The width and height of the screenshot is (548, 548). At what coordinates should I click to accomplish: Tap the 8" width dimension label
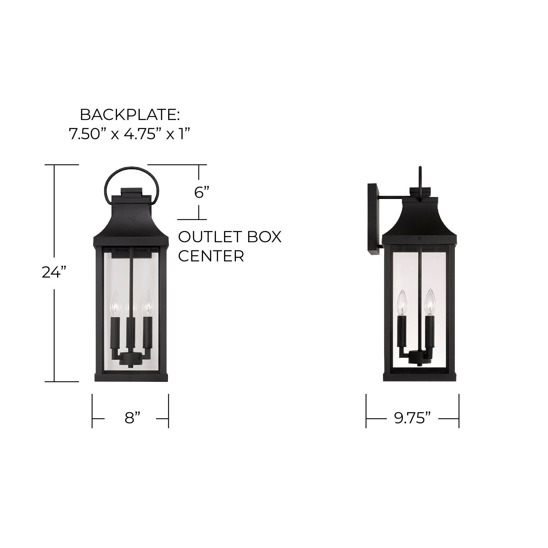point(132,418)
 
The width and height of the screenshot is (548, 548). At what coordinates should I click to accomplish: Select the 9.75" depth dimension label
point(412,418)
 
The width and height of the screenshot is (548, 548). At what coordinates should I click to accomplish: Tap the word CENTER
point(211,256)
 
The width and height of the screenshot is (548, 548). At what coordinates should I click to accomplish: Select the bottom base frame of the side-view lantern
point(421,377)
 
